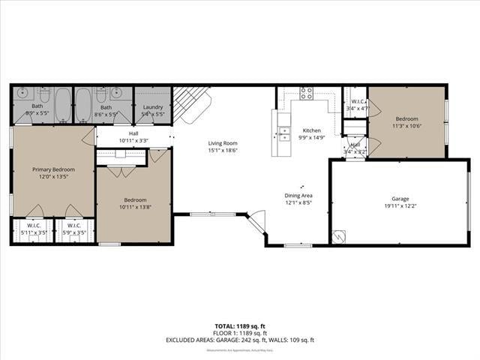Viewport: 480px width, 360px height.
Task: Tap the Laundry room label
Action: pyautogui.click(x=152, y=107)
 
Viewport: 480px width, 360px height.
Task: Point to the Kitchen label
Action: pyautogui.click(x=311, y=130)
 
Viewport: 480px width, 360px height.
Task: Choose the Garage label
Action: pyautogui.click(x=400, y=199)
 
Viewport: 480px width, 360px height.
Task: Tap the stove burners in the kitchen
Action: pyautogui.click(x=307, y=93)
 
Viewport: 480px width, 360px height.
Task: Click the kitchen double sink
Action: pyautogui.click(x=285, y=134)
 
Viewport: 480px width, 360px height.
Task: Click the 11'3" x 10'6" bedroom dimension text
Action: pyautogui.click(x=406, y=126)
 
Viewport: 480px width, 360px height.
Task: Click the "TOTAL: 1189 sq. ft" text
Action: pyautogui.click(x=239, y=327)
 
